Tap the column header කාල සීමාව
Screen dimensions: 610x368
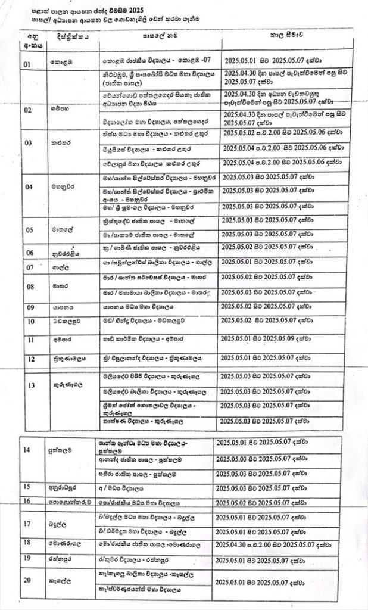285,36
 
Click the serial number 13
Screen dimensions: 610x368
31,385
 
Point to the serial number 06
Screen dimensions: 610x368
29,252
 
